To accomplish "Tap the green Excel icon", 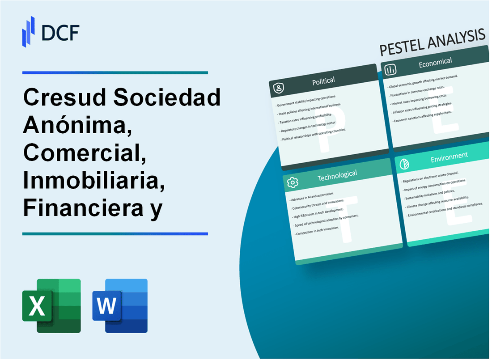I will pyautogui.click(x=51, y=305).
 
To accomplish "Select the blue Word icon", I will pyautogui.click(x=120, y=305).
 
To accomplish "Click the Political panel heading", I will pyautogui.click(x=323, y=81).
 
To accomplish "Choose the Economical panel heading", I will pyautogui.click(x=435, y=63).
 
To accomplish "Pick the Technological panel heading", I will pyautogui.click(x=337, y=176).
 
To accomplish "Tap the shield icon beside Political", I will pyautogui.click(x=279, y=88).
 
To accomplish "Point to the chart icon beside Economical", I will pyautogui.click(x=390, y=69).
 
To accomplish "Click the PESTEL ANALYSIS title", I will pyautogui.click(x=432, y=43).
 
